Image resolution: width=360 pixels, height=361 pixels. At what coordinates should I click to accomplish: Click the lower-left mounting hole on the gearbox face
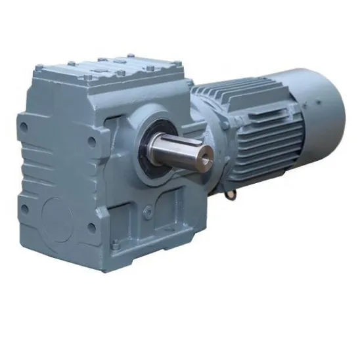click(25, 208)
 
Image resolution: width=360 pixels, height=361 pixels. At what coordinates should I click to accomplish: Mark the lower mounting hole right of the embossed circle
click(91, 228)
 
